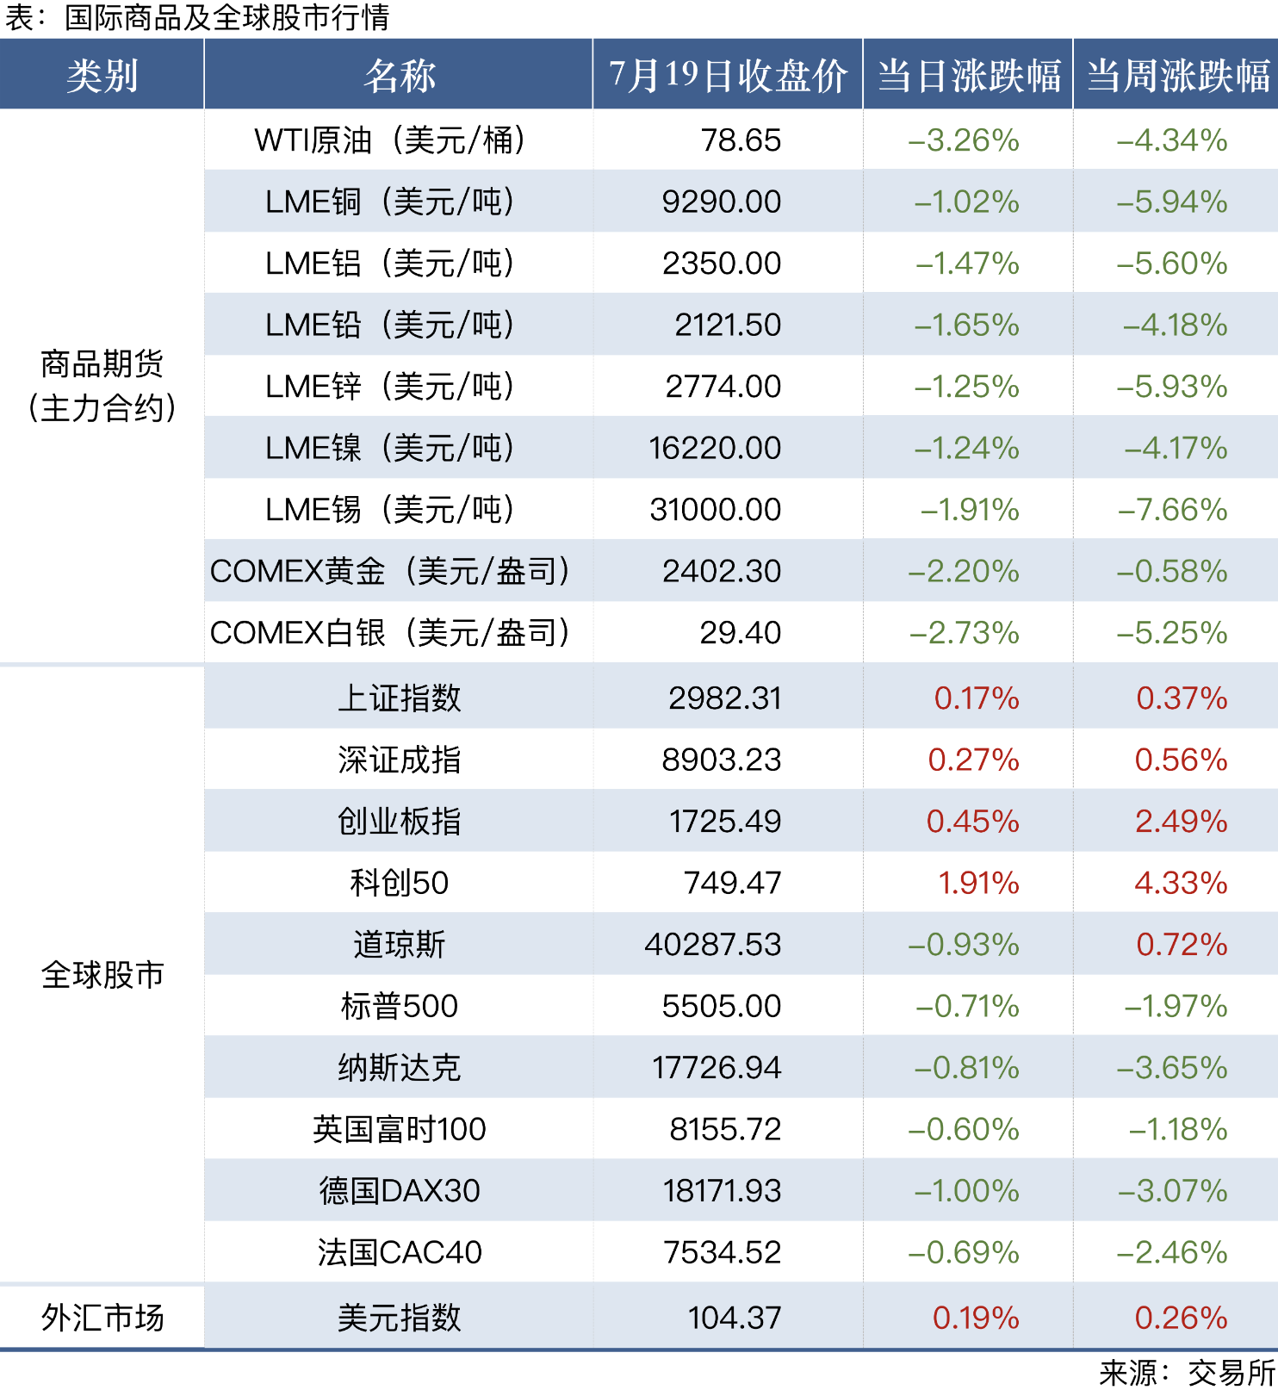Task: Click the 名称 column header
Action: click(x=399, y=76)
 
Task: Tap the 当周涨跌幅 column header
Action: click(x=1177, y=76)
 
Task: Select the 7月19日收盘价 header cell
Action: click(x=728, y=76)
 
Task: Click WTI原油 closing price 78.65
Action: click(x=741, y=140)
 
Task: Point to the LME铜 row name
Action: click(x=389, y=202)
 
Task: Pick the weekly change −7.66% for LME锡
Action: click(x=1172, y=510)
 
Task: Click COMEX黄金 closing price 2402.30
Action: click(x=722, y=572)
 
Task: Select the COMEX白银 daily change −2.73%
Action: click(x=965, y=633)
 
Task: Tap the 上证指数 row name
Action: click(x=399, y=698)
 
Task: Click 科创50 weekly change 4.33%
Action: click(x=1181, y=884)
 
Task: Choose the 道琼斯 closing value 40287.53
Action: click(x=713, y=945)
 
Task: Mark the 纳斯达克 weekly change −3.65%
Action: click(x=1172, y=1068)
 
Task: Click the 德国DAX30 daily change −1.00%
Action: click(x=966, y=1191)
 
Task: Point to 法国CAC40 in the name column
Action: click(x=399, y=1253)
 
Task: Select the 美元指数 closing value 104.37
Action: click(x=735, y=1318)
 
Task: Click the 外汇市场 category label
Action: click(x=102, y=1318)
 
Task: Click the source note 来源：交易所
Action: click(x=1187, y=1373)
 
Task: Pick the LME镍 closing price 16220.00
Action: click(x=715, y=449)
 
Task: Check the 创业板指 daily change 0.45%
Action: click(x=972, y=822)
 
